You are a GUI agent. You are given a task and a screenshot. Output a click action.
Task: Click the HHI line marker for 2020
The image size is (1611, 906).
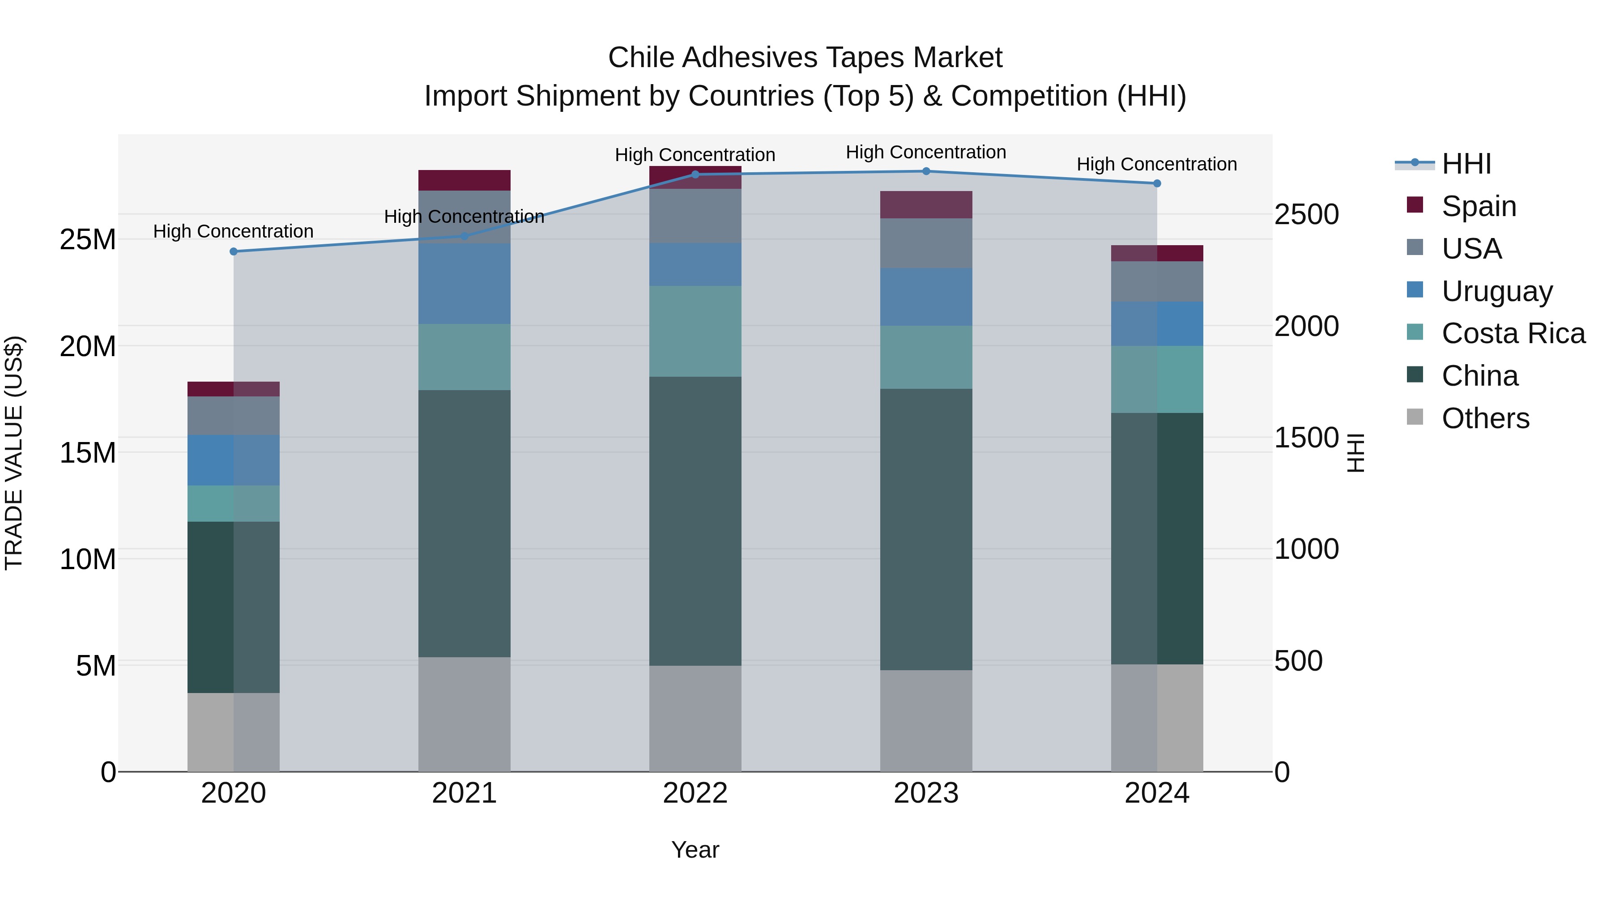pyautogui.click(x=233, y=251)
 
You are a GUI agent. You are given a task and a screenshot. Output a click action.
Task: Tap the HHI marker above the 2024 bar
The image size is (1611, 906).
pyautogui.click(x=1156, y=183)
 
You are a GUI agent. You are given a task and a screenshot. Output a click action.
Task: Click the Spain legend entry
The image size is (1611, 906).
pyautogui.click(x=1479, y=206)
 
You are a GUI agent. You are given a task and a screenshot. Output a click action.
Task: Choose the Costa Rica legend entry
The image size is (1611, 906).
pyautogui.click(x=1513, y=333)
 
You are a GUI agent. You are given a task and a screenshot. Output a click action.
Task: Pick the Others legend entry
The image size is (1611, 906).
pyautogui.click(x=1485, y=418)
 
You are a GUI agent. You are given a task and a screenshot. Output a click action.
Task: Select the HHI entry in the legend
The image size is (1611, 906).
pyautogui.click(x=1466, y=164)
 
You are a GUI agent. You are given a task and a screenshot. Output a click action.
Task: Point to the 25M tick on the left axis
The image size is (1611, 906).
pyautogui.click(x=88, y=239)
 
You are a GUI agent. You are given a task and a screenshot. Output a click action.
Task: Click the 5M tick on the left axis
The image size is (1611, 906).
pyautogui.click(x=96, y=666)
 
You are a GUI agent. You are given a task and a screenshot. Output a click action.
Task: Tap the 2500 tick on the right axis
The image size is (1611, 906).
pyautogui.click(x=1306, y=214)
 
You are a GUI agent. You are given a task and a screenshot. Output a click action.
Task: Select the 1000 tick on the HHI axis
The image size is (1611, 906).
pyautogui.click(x=1306, y=549)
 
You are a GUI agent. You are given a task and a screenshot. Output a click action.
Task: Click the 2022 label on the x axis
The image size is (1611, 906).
pyautogui.click(x=695, y=793)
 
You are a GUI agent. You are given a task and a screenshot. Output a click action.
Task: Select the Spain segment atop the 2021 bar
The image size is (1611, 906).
pyautogui.click(x=464, y=180)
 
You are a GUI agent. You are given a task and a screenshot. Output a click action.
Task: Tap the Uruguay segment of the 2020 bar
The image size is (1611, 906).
pyautogui.click(x=233, y=460)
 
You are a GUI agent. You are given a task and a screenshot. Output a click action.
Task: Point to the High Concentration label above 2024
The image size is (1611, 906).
pyautogui.click(x=1156, y=165)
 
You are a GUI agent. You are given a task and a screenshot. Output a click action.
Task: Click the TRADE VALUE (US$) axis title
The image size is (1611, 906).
pyautogui.click(x=14, y=453)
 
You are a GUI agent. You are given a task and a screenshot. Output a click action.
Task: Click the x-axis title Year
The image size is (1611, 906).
pyautogui.click(x=695, y=850)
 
